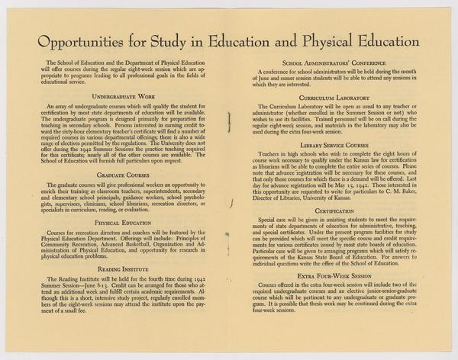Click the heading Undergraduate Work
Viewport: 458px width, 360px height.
pos(125,97)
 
